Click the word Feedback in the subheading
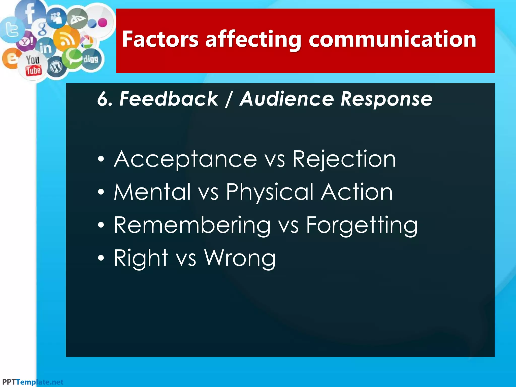coord(169,99)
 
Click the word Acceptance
coord(185,159)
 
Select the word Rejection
coord(344,159)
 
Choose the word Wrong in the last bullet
coord(240,258)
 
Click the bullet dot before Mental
coord(101,192)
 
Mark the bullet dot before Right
coord(101,258)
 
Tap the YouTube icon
coord(33,66)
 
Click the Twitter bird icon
coord(11,29)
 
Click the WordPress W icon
coord(56,67)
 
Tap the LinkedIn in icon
coord(45,48)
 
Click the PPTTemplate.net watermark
coord(33,382)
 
